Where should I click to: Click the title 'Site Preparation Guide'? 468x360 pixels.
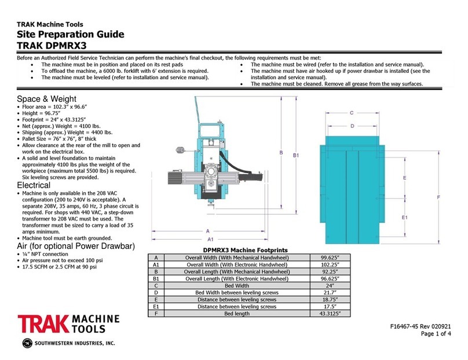(70, 34)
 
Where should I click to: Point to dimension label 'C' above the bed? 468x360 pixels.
(352, 113)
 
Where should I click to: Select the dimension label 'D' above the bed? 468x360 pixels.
(351, 125)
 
